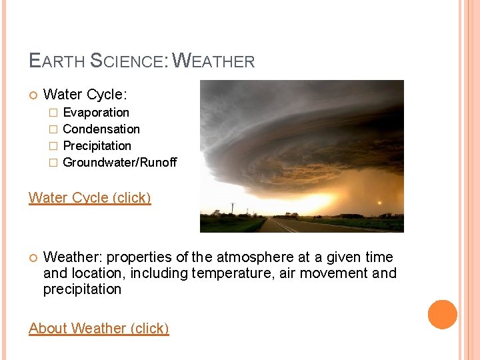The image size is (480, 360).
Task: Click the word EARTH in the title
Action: click(x=57, y=61)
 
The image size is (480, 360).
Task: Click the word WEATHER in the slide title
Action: click(x=213, y=61)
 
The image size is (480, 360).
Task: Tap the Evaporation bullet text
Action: click(x=96, y=113)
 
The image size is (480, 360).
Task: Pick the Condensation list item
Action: click(x=101, y=129)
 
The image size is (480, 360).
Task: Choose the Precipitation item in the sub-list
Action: click(x=97, y=146)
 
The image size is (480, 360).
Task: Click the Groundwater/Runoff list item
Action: click(x=120, y=163)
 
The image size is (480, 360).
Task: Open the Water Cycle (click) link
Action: click(x=90, y=198)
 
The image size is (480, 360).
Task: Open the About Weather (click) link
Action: click(x=99, y=329)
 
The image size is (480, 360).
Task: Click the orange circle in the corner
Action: click(x=443, y=315)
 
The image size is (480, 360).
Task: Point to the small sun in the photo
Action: click(x=380, y=203)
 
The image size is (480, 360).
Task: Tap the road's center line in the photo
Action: click(x=284, y=227)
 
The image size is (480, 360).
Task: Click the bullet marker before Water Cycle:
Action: click(x=33, y=96)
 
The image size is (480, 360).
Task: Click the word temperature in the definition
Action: click(x=224, y=273)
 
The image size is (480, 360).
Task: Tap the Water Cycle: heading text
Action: click(x=85, y=95)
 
